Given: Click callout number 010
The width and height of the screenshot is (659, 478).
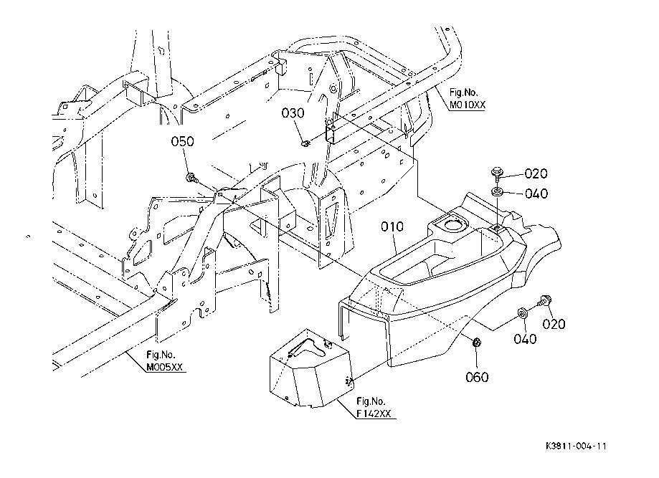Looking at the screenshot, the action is (x=392, y=227).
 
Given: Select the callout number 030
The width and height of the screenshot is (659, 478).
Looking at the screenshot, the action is (x=293, y=113).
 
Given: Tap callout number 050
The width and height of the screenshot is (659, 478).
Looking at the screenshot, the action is (x=182, y=142).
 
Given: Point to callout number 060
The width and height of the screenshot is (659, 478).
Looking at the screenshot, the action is (x=477, y=377).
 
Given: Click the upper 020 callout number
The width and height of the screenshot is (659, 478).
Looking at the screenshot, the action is (x=536, y=173).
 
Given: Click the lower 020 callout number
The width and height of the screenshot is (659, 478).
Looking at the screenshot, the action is (x=554, y=324).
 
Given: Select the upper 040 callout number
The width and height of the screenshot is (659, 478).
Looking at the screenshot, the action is (x=536, y=193).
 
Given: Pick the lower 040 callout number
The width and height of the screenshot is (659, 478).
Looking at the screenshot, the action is (x=525, y=338).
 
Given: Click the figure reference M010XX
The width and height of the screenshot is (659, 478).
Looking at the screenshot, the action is (x=468, y=105).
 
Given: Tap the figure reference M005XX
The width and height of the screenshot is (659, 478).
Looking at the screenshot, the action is (x=165, y=367).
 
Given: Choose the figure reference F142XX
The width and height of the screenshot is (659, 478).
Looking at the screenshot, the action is (x=374, y=414).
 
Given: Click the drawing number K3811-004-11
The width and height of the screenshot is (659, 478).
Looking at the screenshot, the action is (x=577, y=446).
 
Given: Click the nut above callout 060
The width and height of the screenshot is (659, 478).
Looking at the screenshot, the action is (x=477, y=343).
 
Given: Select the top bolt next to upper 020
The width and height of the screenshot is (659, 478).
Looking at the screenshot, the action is (x=496, y=173).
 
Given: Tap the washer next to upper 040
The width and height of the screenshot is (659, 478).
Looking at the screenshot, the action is (x=497, y=192).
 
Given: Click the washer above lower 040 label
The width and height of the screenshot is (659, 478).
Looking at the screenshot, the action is (x=523, y=313).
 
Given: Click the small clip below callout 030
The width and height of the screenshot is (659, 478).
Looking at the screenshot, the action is (x=305, y=143).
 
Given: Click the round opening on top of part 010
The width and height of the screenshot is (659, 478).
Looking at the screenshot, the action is (x=453, y=225).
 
